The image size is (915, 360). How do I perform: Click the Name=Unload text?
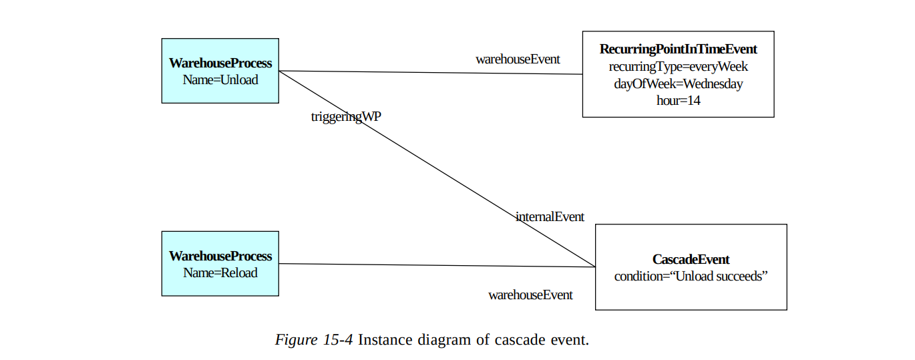point(220,79)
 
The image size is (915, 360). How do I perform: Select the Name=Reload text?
point(220,273)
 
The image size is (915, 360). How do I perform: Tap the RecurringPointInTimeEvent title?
point(678,49)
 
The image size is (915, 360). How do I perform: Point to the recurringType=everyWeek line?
point(678,67)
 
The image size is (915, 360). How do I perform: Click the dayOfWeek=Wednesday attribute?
point(678,84)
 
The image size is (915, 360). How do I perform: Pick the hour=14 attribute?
point(678,101)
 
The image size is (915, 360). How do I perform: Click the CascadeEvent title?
point(691,259)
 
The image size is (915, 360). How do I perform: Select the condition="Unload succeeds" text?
point(691,277)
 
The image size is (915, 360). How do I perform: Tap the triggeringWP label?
point(346,117)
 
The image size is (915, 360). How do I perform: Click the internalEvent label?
point(550,216)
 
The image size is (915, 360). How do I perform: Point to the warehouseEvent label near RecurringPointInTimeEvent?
point(518,59)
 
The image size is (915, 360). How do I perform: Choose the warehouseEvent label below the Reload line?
point(530,295)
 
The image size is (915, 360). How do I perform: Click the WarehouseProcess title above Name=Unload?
point(220,63)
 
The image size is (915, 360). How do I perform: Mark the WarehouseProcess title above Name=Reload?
point(220,256)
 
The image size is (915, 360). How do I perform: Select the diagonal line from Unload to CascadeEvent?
point(434,167)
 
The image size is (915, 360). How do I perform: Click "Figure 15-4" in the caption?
point(314,339)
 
